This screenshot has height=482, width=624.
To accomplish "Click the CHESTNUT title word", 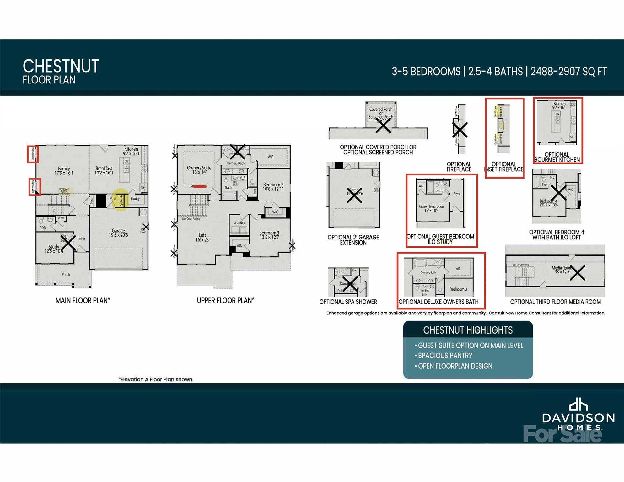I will tap(61, 66).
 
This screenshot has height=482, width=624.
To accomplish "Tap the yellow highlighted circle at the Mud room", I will tap(121, 200).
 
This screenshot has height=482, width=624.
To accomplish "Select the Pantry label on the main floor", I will tap(135, 199).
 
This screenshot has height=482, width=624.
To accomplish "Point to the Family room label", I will tap(64, 171).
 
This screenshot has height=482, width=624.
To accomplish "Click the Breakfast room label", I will tap(104, 171).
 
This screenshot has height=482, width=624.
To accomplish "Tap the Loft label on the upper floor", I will tap(202, 237).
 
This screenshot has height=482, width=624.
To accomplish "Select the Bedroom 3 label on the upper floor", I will tap(269, 235).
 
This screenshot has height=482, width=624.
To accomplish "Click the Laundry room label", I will tap(239, 222).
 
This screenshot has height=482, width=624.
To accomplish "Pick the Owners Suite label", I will tap(199, 170).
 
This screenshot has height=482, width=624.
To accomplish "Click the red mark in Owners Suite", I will tap(200, 186).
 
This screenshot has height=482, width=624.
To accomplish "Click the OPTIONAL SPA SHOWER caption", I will tap(348, 302).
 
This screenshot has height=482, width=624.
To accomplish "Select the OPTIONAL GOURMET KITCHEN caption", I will tap(557, 157).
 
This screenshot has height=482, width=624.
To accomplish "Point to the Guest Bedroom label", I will tap(431, 208).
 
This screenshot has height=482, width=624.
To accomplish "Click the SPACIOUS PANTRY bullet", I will tap(445, 356).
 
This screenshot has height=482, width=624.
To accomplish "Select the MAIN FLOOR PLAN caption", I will tap(83, 301).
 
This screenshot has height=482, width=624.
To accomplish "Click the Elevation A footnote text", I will tap(156, 379).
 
